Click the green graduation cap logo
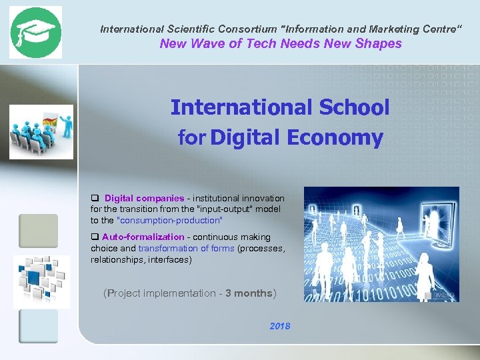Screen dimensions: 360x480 pyautogui.click(x=35, y=33)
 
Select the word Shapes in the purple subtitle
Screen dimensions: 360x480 pyautogui.click(x=379, y=44)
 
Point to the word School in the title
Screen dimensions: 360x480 pyautogui.click(x=353, y=107)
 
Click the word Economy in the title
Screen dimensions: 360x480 pyautogui.click(x=335, y=138)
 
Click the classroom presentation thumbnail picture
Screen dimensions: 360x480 pyautogui.click(x=41, y=132)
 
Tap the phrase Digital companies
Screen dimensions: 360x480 pyautogui.click(x=144, y=199)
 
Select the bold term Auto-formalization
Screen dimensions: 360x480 pyautogui.click(x=143, y=237)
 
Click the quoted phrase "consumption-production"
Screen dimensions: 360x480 pyautogui.click(x=169, y=220)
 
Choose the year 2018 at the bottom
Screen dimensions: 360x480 pyautogui.click(x=280, y=327)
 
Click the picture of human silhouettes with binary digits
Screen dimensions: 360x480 pyautogui.click(x=381, y=244)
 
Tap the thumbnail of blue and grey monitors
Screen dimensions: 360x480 pyautogui.click(x=41, y=281)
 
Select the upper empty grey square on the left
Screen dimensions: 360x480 pyautogui.click(x=38, y=231)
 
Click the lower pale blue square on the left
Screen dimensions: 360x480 pyautogui.click(x=38, y=326)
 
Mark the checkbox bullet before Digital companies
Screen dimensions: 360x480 pyautogui.click(x=95, y=199)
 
